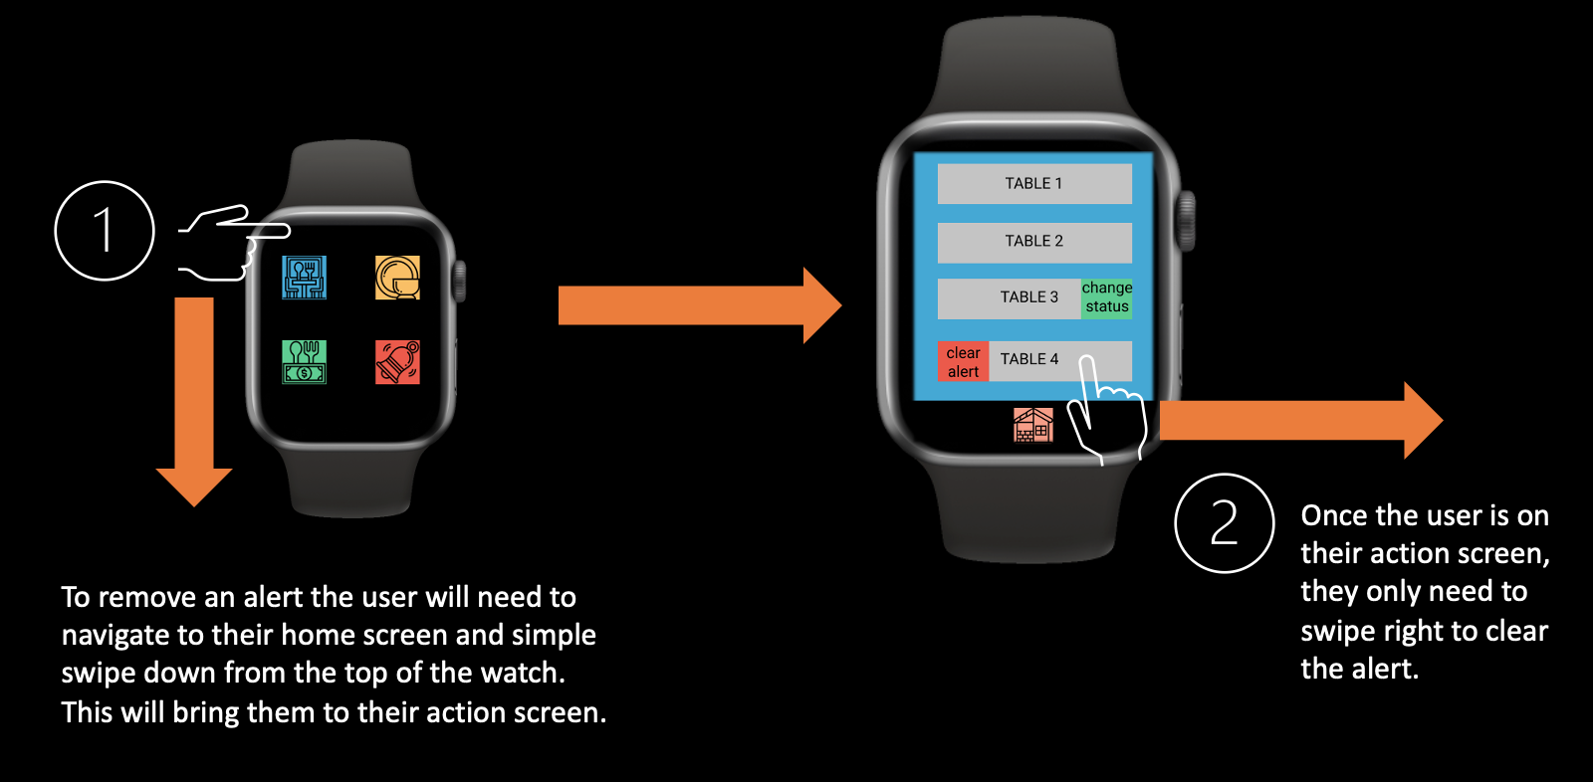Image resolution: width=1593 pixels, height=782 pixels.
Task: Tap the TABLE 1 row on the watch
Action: point(1033,184)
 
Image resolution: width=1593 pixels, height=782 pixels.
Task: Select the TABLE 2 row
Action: point(1033,242)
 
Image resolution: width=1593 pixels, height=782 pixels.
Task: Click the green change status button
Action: point(1107,297)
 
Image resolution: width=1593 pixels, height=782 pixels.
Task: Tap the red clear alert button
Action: point(963,362)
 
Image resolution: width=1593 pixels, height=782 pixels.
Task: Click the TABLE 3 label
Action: point(1028,297)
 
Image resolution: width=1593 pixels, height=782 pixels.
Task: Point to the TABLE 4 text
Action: point(1029,359)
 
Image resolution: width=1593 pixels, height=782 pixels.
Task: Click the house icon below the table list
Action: point(1033,425)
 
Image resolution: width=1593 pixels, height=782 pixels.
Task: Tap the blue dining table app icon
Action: point(305,278)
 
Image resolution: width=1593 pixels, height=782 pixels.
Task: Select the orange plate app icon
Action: point(397,278)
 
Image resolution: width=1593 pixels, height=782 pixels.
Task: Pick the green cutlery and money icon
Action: point(305,362)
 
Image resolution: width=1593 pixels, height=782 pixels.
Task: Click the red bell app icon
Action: point(397,362)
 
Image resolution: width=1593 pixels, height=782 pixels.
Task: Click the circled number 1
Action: point(105,231)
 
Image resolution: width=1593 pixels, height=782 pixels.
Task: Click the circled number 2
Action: point(1224,523)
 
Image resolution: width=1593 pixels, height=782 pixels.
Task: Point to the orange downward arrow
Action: point(194,398)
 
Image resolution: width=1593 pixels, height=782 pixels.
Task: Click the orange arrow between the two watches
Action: point(697,305)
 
